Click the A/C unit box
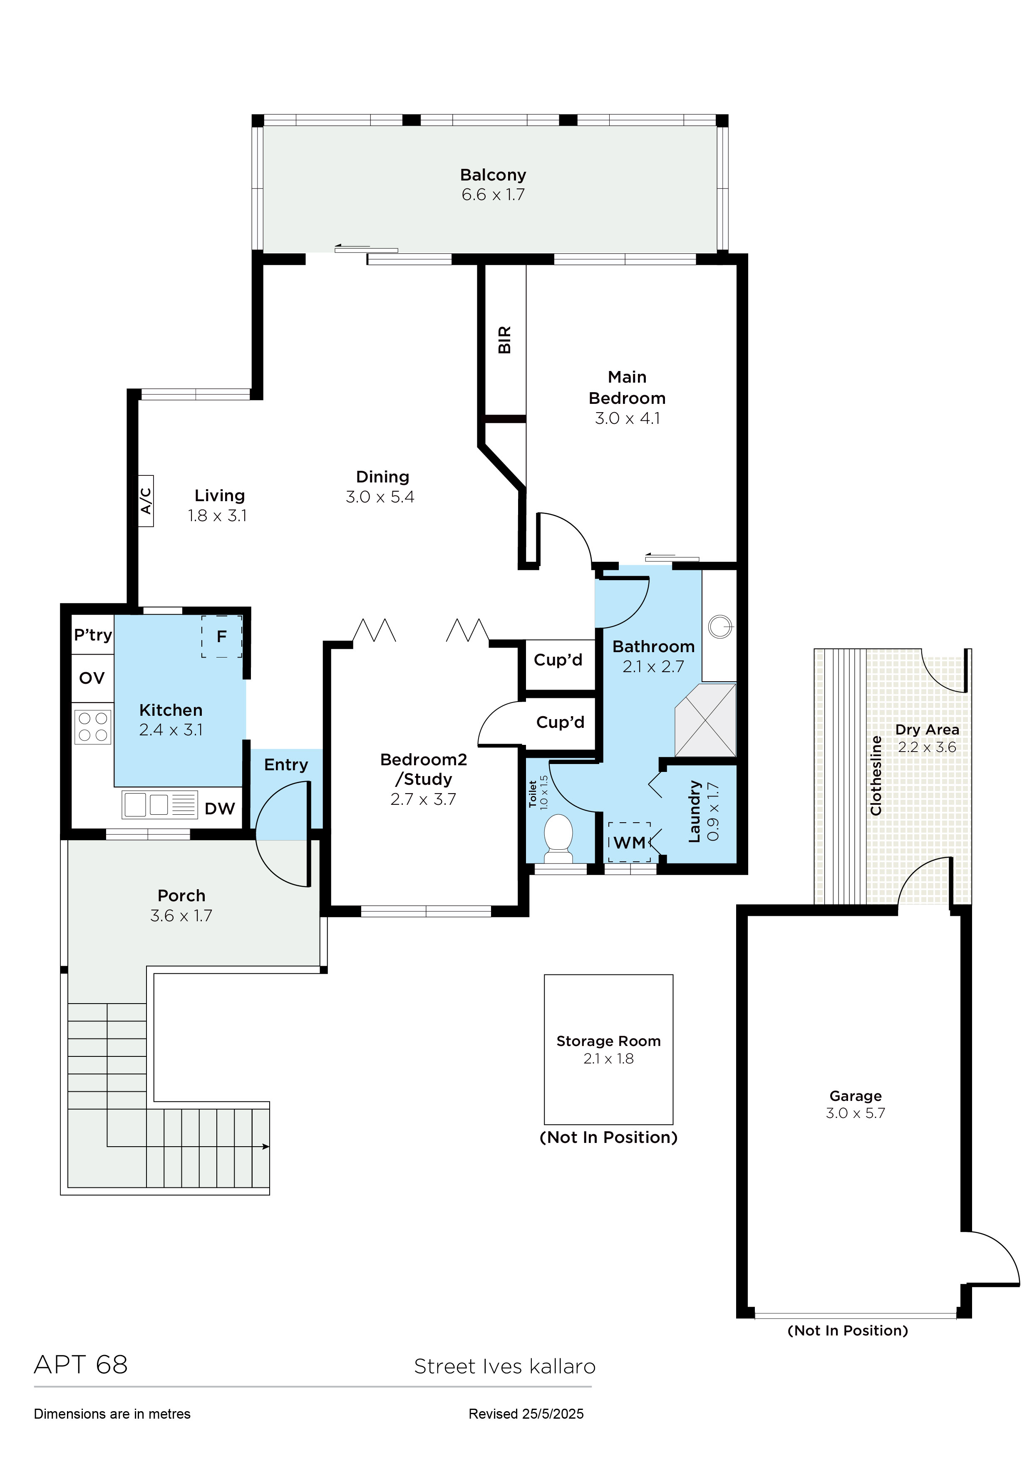[x=146, y=501]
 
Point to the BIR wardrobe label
[x=505, y=340]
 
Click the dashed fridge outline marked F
[x=222, y=636]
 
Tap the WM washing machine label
[x=630, y=843]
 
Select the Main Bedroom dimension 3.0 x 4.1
[x=627, y=418]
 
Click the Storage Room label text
[x=608, y=1041]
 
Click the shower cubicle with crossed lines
[x=705, y=720]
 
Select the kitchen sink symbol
[x=160, y=804]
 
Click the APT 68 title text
[x=81, y=1364]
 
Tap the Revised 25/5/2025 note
[x=526, y=1414]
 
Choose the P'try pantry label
[x=93, y=635]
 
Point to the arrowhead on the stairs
[x=266, y=1146]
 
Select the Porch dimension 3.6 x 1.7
[x=181, y=916]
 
